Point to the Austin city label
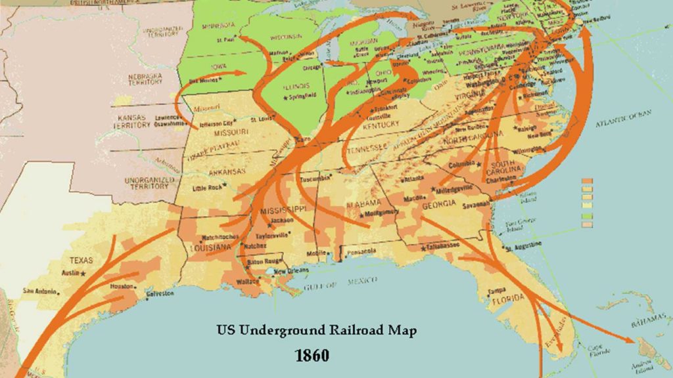tap(72, 272)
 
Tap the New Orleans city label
tap(289, 272)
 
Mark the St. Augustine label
tap(526, 243)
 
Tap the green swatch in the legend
tap(587, 216)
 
